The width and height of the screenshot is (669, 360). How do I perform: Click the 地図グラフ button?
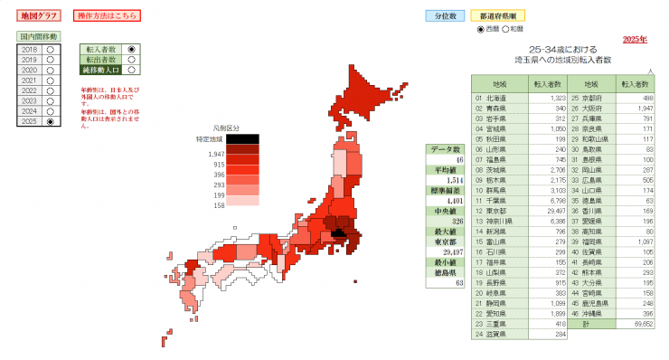point(36,16)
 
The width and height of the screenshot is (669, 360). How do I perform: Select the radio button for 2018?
point(51,50)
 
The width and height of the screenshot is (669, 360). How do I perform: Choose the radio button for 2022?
point(51,90)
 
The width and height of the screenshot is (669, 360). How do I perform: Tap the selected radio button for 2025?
point(51,121)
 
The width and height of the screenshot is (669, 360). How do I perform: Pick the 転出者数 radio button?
point(132,59)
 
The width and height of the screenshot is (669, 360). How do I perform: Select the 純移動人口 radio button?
point(132,69)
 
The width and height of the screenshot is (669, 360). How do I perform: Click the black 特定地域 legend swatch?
point(242,138)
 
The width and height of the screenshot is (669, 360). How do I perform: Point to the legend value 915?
point(219,164)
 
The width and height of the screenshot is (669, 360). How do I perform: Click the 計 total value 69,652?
point(640,323)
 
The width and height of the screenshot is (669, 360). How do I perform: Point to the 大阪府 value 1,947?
point(641,108)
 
